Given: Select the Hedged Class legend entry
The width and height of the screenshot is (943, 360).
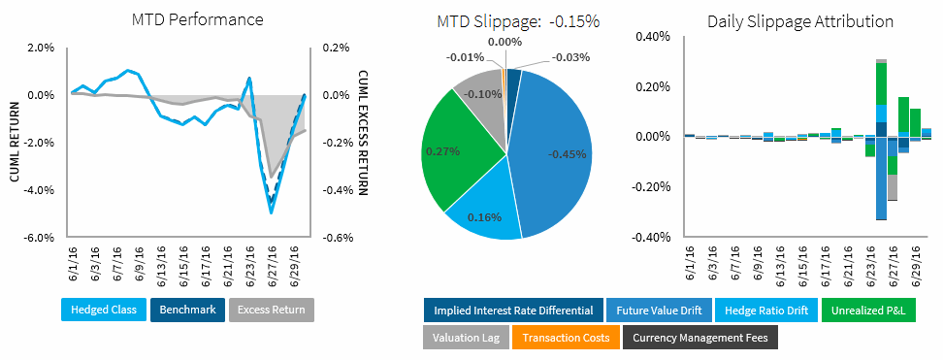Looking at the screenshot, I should (102, 311).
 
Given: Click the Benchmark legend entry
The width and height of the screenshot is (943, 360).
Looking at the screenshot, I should (187, 311).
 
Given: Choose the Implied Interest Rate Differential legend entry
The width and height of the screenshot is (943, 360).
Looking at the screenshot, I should (512, 311).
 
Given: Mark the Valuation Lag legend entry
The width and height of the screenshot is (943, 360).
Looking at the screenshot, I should (466, 337).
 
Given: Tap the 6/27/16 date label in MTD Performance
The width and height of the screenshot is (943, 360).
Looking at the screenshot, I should (274, 263).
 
